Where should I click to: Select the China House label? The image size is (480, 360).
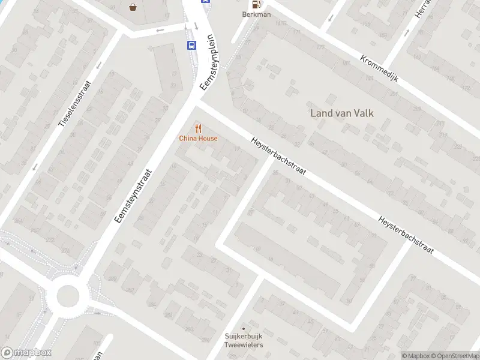point(198,139)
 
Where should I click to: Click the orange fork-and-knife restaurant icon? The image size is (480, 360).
point(198,128)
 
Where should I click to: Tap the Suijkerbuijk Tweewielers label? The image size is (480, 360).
point(244,341)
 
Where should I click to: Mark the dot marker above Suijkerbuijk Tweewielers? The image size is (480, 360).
point(243,328)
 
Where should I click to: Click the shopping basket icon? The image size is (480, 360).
point(132,7)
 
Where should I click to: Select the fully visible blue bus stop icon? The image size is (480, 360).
point(191,45)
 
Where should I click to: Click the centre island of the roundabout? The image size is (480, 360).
point(68,295)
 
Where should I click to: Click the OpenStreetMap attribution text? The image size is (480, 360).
point(455,356)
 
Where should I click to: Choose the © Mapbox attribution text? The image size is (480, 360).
point(415,356)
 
